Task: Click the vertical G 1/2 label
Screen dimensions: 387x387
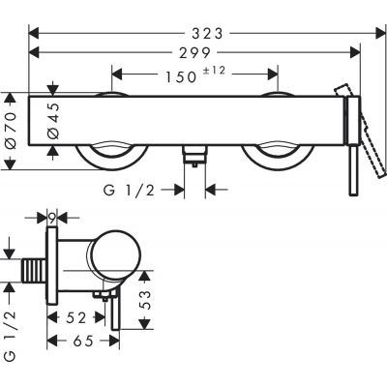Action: pyautogui.click(x=13, y=330)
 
